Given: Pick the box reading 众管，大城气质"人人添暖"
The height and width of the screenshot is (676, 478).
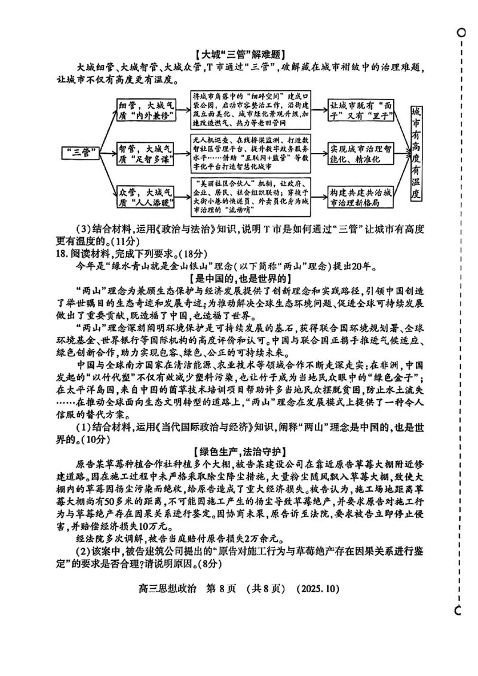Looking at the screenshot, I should [146, 198].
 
